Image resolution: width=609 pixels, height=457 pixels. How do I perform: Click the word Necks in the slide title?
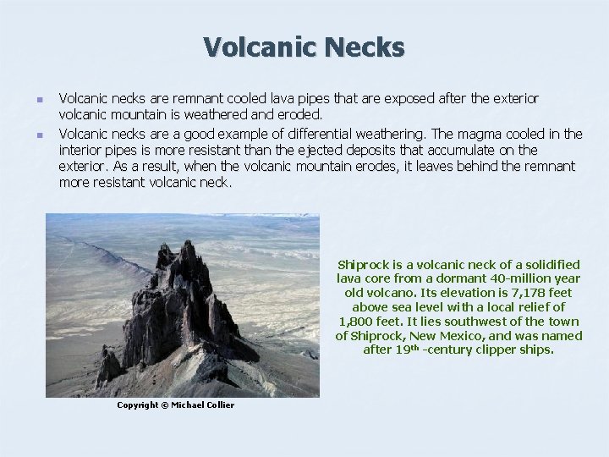[362, 47]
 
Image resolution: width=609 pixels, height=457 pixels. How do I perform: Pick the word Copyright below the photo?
[137, 405]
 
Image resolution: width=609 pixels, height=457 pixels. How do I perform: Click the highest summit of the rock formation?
[184, 244]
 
